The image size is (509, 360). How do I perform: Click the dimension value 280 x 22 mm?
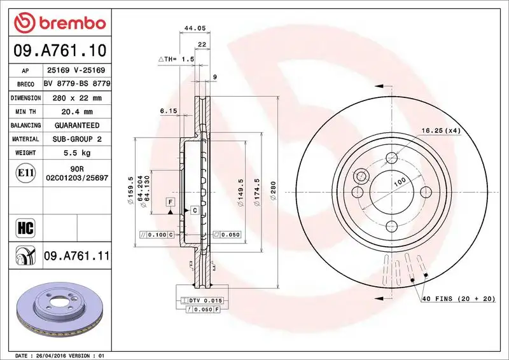pos(76,98)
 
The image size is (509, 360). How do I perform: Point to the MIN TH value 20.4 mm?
pos(76,112)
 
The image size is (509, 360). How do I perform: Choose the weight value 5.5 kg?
pos(76,153)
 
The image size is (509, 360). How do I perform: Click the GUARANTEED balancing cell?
pos(76,125)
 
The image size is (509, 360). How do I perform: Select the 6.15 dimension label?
pos(168,111)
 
